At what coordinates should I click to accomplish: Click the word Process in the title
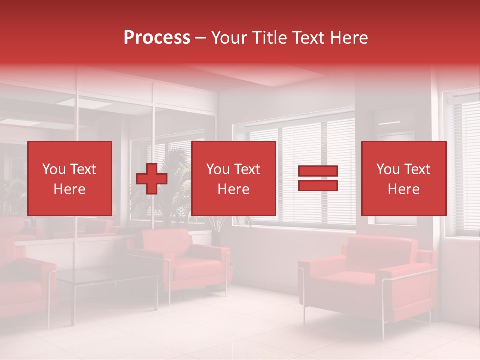pos(157,38)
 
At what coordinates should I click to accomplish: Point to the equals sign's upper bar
pos(318,171)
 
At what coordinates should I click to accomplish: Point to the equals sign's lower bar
pos(318,186)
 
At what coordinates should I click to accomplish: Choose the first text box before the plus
pos(70,178)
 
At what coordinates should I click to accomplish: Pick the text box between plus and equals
pos(234,178)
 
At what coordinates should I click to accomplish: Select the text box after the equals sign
pos(404,178)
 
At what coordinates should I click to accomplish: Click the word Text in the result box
pos(417,169)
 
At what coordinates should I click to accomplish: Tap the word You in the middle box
pos(218,169)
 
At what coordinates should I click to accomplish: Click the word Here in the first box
pos(70,189)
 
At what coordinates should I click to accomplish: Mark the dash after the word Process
pos(200,38)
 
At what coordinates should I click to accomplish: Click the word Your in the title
pos(230,38)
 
